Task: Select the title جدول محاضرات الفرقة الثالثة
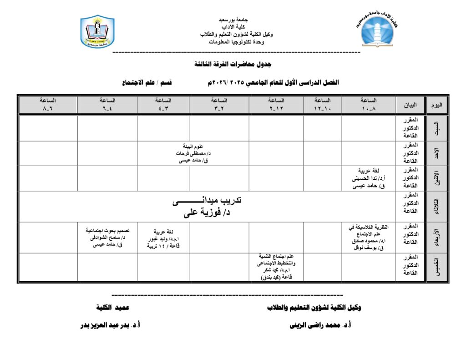click(233, 64)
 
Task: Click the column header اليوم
click(436, 105)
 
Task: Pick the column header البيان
click(410, 105)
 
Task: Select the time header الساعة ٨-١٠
click(368, 105)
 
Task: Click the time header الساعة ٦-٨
click(48, 105)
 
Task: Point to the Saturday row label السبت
click(436, 128)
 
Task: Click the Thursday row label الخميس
click(436, 267)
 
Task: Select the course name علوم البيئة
click(193, 147)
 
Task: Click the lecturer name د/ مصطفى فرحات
click(192, 153)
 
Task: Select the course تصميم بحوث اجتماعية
click(108, 231)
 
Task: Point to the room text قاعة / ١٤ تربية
click(163, 246)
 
